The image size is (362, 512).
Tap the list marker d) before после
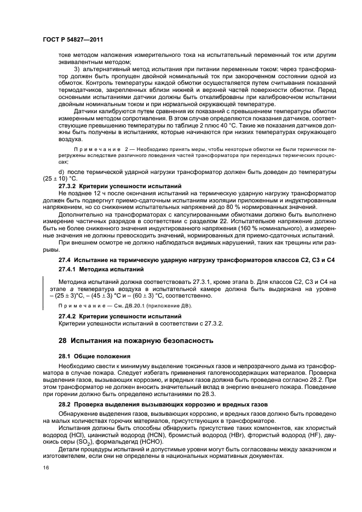click(x=61, y=172)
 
